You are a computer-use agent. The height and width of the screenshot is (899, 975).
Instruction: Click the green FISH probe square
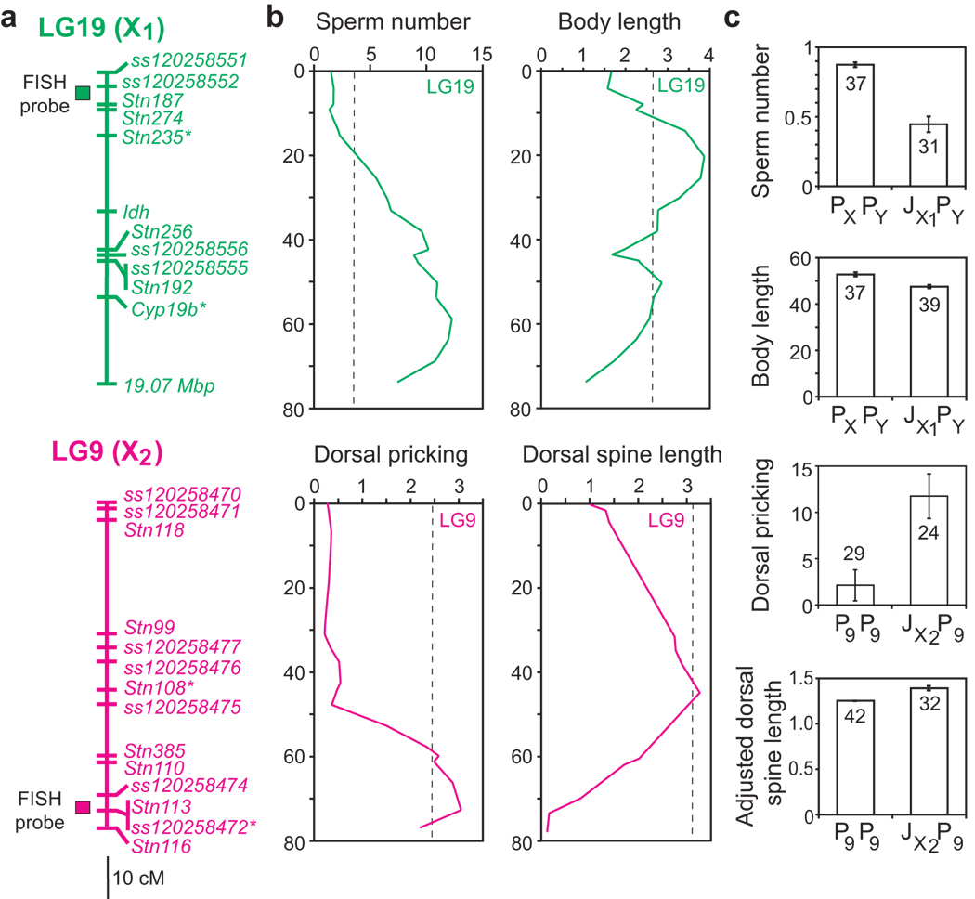pos(83,92)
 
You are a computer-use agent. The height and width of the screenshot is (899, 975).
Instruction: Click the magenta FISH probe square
pos(83,808)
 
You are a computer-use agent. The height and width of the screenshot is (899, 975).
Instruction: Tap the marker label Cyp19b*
pos(168,307)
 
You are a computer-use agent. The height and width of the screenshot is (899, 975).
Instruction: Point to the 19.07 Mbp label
pos(177,384)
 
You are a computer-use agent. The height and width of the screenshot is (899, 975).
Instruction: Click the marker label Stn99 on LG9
pos(149,627)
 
